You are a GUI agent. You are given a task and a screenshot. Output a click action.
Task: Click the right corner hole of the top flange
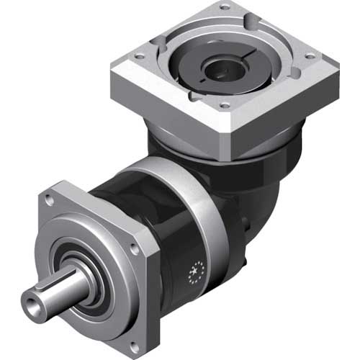(311, 56)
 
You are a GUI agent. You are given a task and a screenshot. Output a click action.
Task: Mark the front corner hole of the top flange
(225, 105)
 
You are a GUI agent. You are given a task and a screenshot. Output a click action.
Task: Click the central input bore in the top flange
(217, 70)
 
